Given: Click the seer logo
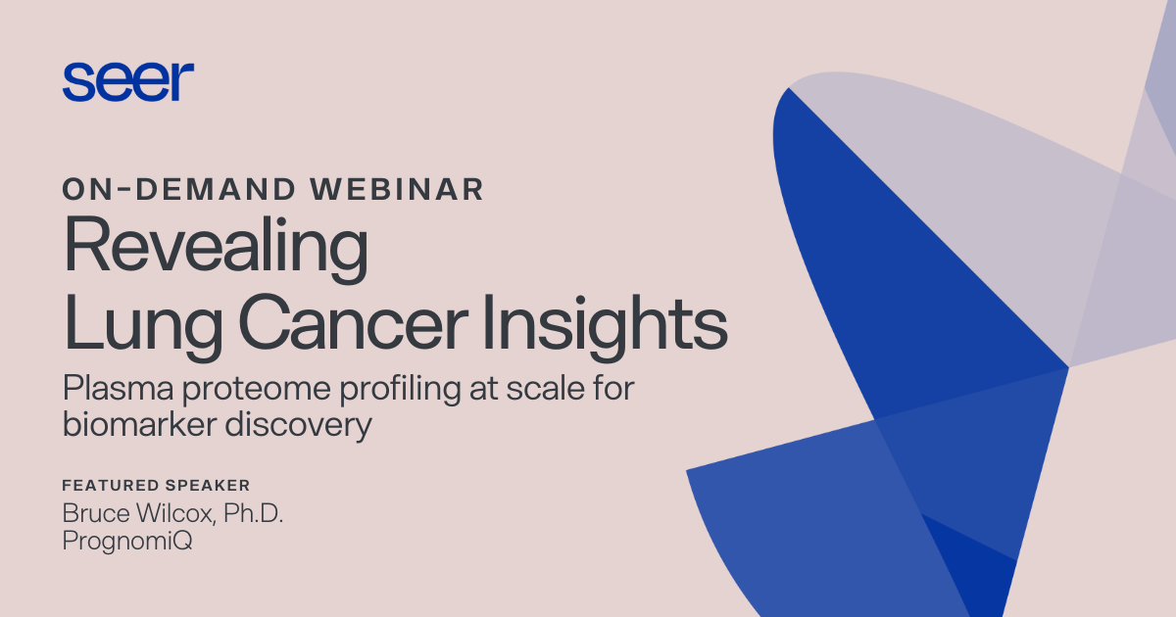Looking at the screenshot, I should [127, 81].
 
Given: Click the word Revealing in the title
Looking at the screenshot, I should [216, 249].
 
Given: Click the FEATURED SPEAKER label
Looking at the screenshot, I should [156, 485].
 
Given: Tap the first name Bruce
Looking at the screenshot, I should [93, 514].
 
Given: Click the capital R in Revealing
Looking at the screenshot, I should [83, 249].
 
